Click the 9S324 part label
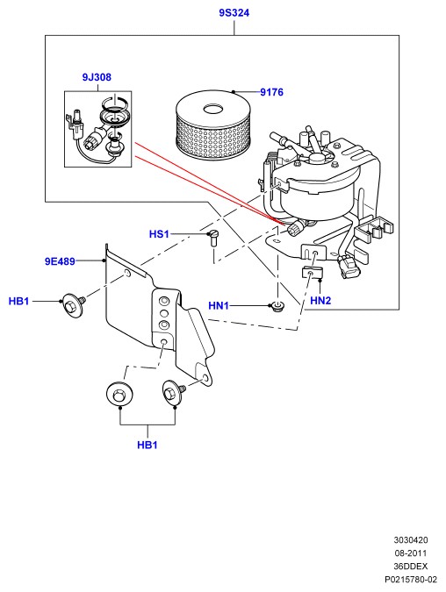pos(234,13)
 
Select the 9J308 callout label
pos(97,77)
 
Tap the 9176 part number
pos(271,92)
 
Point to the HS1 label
pos(159,234)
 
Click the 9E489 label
pos(60,261)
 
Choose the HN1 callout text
pos(219,305)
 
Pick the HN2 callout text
pos(320,301)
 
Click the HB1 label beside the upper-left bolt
pos(19,302)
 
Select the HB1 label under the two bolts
pos(147,445)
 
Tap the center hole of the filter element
pos(213,110)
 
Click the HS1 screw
pos(213,238)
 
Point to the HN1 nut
pos(279,305)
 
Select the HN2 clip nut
pos(311,273)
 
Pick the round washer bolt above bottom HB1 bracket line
pos(119,395)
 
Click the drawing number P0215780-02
pos(411,579)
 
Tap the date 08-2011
pos(411,553)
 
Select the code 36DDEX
pos(411,567)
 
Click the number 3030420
pos(411,540)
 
